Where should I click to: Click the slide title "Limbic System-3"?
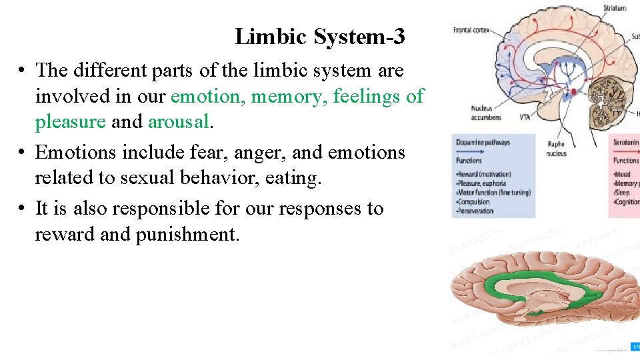click(319, 37)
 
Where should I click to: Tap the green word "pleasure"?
click(70, 122)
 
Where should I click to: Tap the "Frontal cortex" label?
click(472, 30)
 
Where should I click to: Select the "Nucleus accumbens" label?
click(482, 112)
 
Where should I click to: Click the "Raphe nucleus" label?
click(556, 149)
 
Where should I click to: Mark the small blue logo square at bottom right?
click(635, 346)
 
